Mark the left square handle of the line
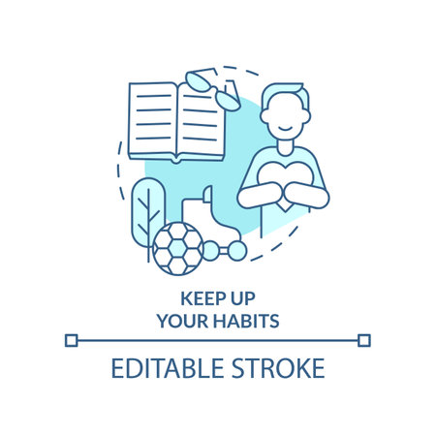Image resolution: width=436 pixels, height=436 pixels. click(71, 340)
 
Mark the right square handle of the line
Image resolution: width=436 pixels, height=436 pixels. click(363, 340)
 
